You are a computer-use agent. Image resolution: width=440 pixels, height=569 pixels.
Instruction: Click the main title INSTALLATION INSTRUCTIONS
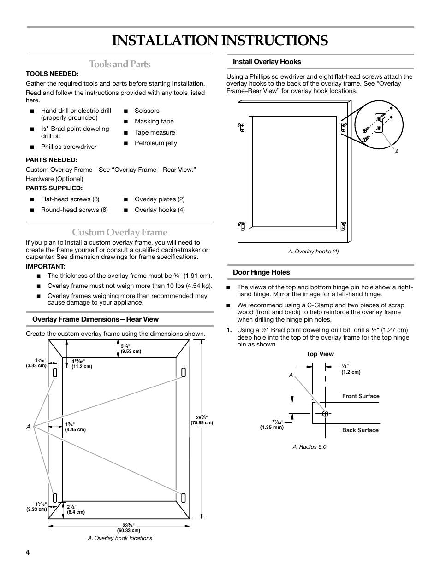click(220, 41)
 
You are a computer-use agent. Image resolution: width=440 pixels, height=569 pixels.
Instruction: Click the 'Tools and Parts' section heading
click(119, 64)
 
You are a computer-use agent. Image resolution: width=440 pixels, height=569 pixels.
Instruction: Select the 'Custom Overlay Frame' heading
click(119, 232)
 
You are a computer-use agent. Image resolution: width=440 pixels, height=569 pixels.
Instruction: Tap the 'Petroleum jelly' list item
click(155, 143)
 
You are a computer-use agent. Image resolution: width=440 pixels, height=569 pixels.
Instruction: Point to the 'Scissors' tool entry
click(147, 111)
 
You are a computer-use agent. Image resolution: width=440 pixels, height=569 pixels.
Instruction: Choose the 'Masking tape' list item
click(154, 122)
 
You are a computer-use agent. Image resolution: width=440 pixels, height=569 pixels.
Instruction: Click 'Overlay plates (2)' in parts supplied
click(159, 199)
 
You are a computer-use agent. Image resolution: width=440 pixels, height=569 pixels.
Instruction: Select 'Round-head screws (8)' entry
click(74, 210)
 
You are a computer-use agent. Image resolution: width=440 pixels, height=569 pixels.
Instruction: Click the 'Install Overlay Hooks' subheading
click(267, 62)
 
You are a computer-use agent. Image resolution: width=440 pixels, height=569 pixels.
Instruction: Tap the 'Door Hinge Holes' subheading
click(261, 272)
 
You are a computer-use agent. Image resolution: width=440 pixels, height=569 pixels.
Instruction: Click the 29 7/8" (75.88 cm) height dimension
click(202, 420)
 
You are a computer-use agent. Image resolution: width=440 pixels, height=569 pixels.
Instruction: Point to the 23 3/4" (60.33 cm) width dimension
click(128, 528)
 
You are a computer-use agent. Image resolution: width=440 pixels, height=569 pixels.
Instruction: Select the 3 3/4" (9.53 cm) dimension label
click(131, 349)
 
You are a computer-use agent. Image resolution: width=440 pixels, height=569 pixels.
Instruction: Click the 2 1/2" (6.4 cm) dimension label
click(76, 510)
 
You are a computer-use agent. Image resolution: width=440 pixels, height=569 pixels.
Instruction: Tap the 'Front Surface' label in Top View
click(361, 396)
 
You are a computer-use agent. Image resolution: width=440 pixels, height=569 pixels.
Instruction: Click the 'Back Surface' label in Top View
click(360, 430)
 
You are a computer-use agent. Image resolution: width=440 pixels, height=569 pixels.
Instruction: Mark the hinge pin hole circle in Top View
click(325, 413)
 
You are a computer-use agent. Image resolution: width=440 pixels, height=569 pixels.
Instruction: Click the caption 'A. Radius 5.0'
click(309, 447)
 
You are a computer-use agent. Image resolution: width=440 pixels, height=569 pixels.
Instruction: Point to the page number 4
click(28, 553)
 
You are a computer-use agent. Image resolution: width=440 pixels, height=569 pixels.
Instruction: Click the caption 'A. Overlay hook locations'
click(120, 538)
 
